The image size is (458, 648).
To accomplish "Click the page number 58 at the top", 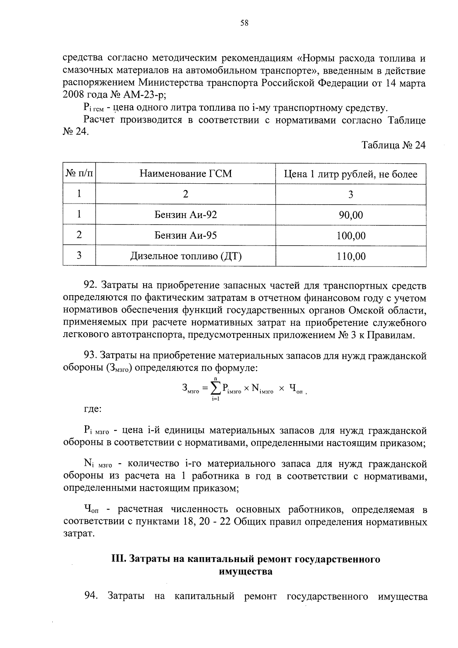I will coord(244,23).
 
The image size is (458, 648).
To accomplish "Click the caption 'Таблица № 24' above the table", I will coord(393,145).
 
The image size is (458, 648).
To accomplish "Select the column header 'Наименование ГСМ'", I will coord(185,174).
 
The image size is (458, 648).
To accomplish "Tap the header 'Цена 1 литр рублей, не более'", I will coord(350,175).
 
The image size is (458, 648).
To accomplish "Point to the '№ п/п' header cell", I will coord(79,174).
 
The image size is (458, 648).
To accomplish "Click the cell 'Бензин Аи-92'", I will coord(185,215).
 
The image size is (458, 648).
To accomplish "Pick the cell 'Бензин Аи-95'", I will coord(185,235).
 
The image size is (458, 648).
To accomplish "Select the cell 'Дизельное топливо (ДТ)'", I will coord(185,256).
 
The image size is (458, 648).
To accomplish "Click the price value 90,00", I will coord(350,215).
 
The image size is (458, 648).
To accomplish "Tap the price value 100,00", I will coord(350,236).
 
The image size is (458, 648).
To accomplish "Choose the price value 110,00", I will coord(350,256).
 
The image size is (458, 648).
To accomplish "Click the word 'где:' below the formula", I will coord(92,409).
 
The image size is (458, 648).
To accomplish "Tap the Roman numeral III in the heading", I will coord(118,559).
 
